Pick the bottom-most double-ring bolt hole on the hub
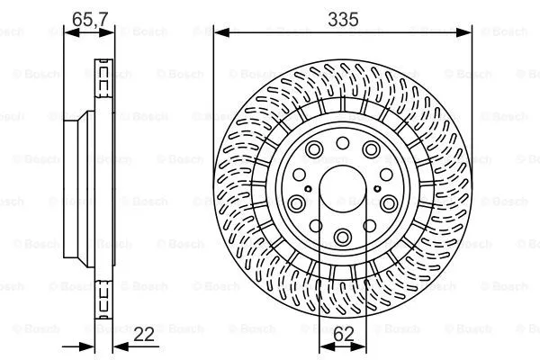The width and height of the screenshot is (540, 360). (x=343, y=237)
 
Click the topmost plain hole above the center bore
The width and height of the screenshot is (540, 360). (x=343, y=142)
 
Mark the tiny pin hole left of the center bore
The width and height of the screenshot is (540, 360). (x=308, y=189)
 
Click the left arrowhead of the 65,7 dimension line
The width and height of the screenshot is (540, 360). (x=68, y=33)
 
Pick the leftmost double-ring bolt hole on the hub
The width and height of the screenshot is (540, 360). (x=297, y=203)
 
